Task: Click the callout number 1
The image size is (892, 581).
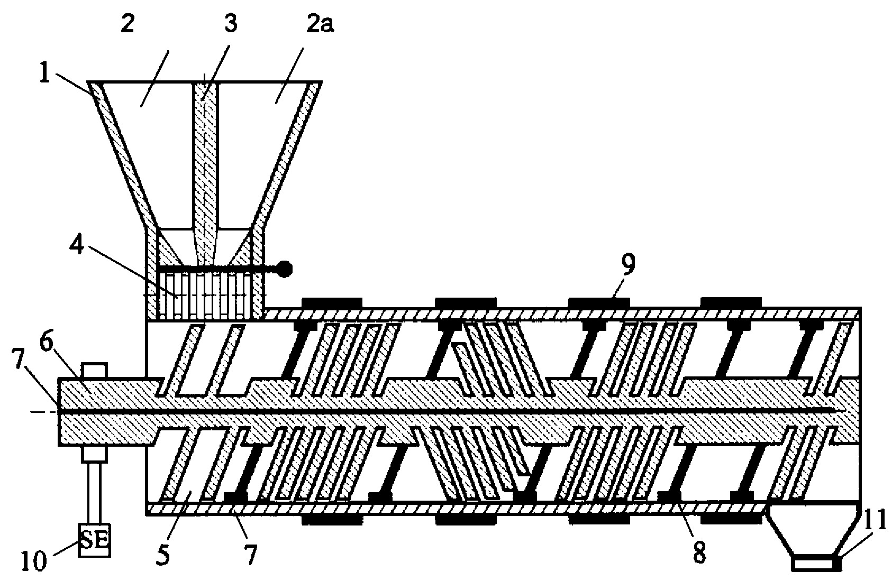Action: click(45, 75)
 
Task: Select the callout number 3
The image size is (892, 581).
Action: click(230, 24)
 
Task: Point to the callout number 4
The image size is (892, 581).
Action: click(77, 247)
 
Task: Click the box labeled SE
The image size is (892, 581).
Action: click(94, 540)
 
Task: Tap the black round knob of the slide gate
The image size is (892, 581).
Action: click(285, 270)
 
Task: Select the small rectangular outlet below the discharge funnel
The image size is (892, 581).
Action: click(815, 564)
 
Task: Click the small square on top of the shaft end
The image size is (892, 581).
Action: click(94, 370)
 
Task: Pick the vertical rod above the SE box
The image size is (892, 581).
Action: click(94, 493)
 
